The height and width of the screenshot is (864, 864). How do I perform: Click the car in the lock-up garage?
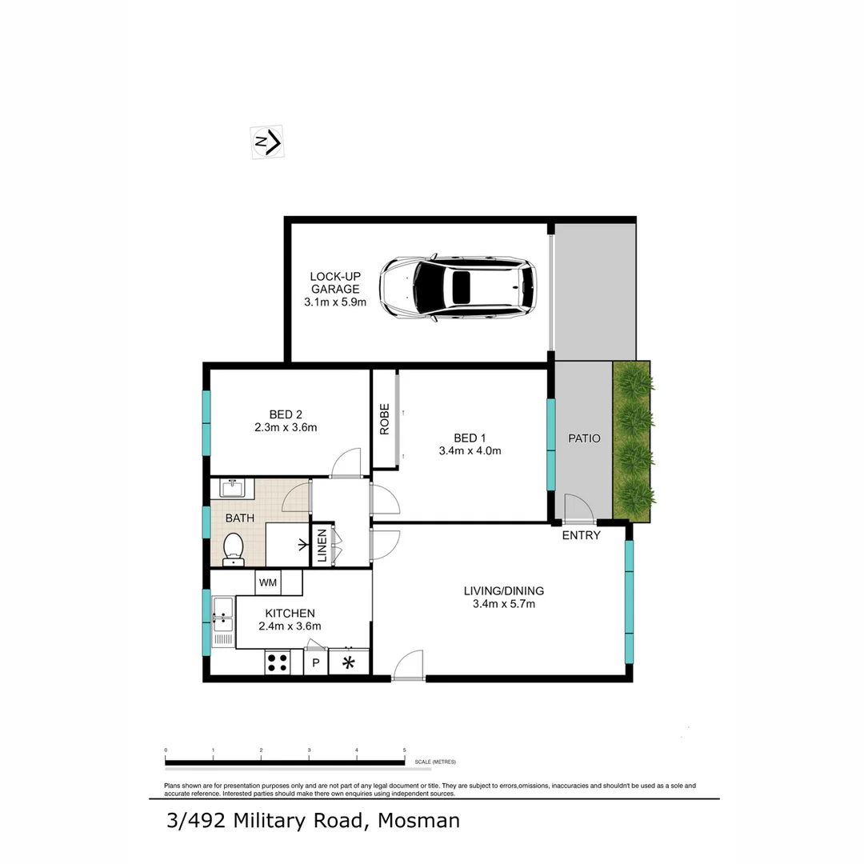pyautogui.click(x=458, y=288)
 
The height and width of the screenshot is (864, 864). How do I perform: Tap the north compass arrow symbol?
pyautogui.click(x=268, y=143)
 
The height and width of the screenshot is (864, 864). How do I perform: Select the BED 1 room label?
pyautogui.click(x=470, y=438)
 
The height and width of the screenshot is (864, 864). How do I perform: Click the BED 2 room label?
pyautogui.click(x=286, y=414)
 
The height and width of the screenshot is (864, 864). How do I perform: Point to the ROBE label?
pyautogui.click(x=385, y=418)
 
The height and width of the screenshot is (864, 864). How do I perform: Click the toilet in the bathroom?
pyautogui.click(x=233, y=550)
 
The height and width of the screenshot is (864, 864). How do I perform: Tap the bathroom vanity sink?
pyautogui.click(x=232, y=488)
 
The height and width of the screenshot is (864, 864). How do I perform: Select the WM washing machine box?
pyautogui.click(x=268, y=582)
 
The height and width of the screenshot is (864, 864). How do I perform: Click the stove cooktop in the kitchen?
pyautogui.click(x=278, y=662)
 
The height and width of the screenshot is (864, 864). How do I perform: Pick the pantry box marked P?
pyautogui.click(x=315, y=663)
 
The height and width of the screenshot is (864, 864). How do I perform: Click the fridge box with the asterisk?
pyautogui.click(x=349, y=662)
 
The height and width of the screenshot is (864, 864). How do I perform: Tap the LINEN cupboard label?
pyautogui.click(x=322, y=545)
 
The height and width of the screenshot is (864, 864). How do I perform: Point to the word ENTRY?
pyautogui.click(x=581, y=535)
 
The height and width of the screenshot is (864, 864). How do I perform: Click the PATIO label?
pyautogui.click(x=584, y=438)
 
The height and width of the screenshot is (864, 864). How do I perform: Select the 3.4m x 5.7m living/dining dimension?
pyautogui.click(x=504, y=604)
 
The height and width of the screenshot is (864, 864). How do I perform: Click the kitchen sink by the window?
pyautogui.click(x=222, y=618)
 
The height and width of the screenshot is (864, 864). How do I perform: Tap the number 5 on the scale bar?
pyautogui.click(x=405, y=750)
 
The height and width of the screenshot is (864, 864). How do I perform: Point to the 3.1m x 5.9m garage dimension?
pyautogui.click(x=335, y=302)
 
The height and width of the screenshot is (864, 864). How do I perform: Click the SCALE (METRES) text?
pyautogui.click(x=435, y=762)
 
